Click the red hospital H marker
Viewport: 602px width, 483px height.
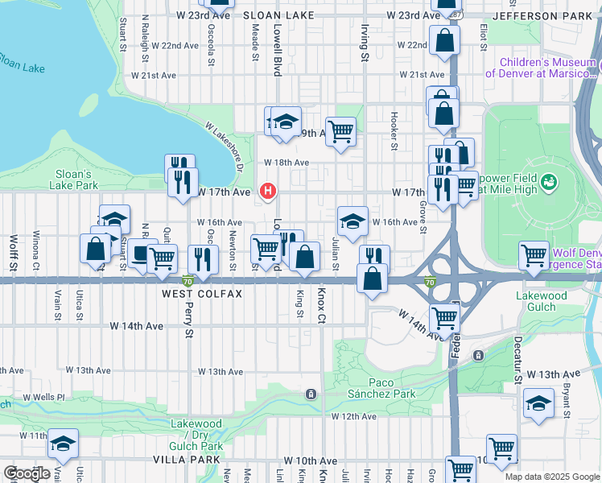[268, 191]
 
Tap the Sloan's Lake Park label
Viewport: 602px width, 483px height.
[77, 180]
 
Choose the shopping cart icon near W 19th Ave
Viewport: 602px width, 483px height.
[341, 130]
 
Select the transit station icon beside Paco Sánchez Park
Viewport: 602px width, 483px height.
[311, 394]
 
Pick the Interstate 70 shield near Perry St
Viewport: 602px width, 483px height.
[187, 281]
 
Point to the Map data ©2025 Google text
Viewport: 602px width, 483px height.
[551, 477]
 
